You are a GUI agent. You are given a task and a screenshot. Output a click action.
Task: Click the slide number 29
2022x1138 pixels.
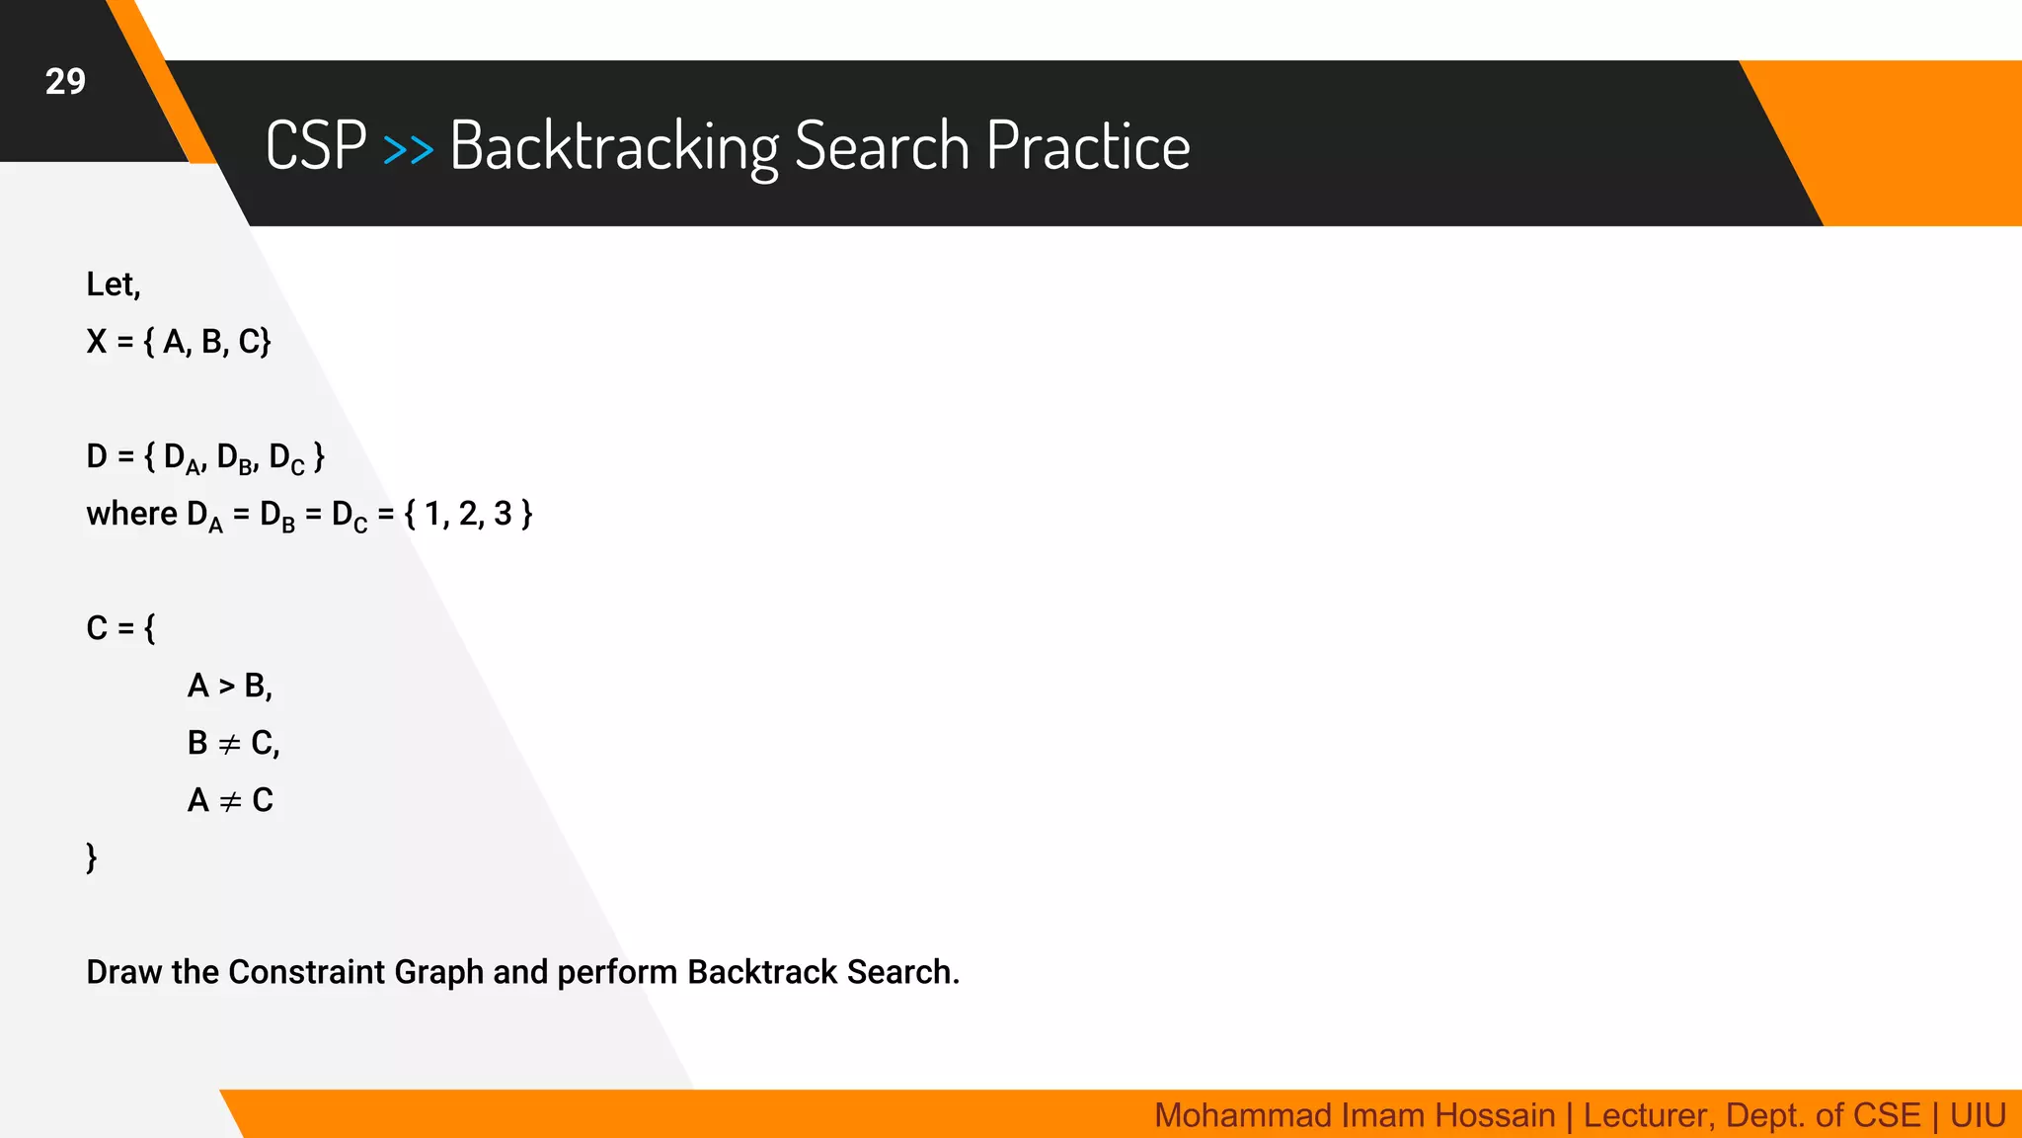tap(65, 81)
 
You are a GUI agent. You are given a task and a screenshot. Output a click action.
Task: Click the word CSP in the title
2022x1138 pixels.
tap(316, 145)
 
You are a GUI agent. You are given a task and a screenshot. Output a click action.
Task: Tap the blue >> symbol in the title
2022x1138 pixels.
tap(408, 149)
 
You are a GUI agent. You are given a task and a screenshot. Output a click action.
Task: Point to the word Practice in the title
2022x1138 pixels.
tap(1087, 145)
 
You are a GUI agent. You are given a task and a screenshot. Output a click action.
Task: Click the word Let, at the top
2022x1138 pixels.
tap(114, 284)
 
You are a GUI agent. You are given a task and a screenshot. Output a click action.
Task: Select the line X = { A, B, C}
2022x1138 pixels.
tap(179, 342)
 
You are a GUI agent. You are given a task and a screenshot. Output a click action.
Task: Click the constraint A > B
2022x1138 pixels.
tap(229, 686)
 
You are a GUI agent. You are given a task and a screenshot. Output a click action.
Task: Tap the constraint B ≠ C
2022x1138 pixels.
tap(233, 743)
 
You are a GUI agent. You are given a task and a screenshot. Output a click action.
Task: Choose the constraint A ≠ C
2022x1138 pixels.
tap(230, 800)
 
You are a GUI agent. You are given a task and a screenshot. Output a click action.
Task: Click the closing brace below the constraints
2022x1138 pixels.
tap(92, 857)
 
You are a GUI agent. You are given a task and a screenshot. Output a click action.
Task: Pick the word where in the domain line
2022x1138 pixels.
tap(131, 514)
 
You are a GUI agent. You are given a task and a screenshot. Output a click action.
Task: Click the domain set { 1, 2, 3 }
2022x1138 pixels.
tap(468, 514)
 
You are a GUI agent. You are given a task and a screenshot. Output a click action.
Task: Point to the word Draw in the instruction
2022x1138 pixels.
tap(124, 972)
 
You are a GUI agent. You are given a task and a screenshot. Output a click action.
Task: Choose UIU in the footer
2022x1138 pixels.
tap(1978, 1115)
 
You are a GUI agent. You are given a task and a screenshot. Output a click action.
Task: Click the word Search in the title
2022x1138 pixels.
tap(882, 145)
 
